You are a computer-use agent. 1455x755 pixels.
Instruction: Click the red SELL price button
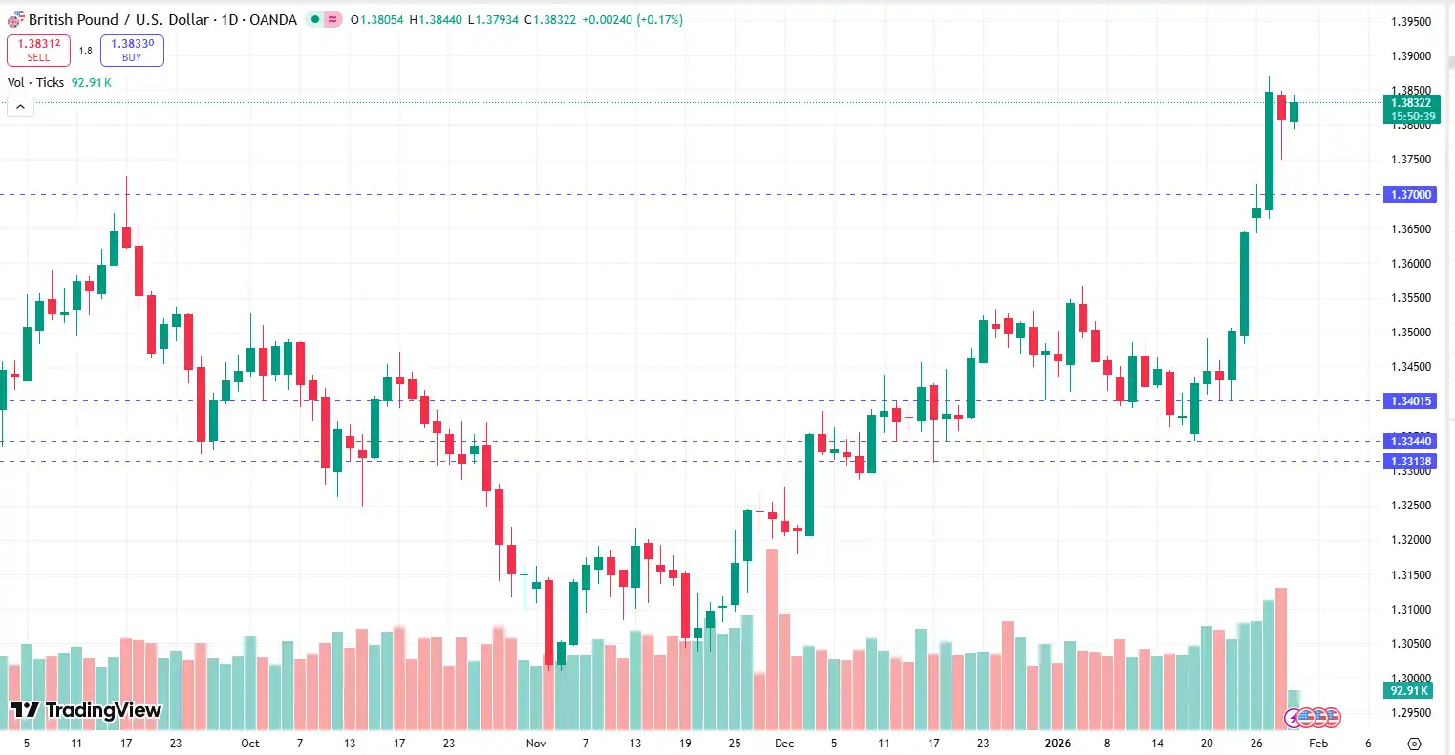(38, 50)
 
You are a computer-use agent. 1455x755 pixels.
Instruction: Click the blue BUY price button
(132, 50)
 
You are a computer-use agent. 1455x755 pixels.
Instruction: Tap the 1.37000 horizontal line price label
(1410, 195)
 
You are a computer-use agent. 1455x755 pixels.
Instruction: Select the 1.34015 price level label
(1410, 401)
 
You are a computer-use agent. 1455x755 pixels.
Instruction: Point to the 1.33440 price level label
(1410, 442)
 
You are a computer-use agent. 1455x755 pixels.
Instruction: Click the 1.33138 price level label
(1410, 462)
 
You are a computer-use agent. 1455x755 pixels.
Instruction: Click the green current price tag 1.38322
(1411, 109)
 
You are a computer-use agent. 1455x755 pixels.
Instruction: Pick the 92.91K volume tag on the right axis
(1409, 690)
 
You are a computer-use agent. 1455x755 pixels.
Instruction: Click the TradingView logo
(86, 710)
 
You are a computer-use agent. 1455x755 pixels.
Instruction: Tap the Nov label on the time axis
(536, 743)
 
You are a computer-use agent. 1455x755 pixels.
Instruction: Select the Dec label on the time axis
(784, 743)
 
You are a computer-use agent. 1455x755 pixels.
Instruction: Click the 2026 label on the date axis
(1058, 743)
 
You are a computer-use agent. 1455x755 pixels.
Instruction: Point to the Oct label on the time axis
(250, 743)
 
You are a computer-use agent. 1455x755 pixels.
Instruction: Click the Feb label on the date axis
(1318, 743)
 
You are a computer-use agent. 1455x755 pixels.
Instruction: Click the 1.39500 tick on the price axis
(1411, 22)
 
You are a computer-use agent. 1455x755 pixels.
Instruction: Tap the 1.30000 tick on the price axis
(1411, 679)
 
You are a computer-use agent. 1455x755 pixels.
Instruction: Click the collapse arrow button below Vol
(20, 107)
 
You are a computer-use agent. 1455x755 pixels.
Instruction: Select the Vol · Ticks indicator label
(35, 83)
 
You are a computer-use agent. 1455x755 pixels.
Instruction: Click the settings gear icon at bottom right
(1415, 744)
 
